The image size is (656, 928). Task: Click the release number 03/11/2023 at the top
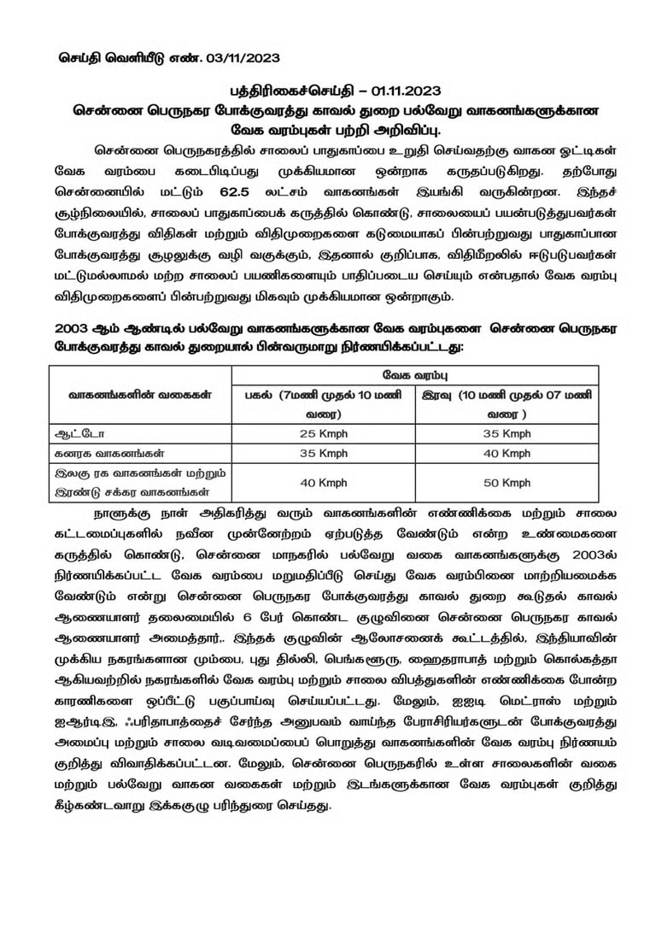click(x=231, y=59)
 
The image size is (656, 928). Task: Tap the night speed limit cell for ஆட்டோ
click(x=506, y=433)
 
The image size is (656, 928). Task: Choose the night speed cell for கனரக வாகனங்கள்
click(x=506, y=452)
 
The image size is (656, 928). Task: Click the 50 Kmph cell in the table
click(x=506, y=483)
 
